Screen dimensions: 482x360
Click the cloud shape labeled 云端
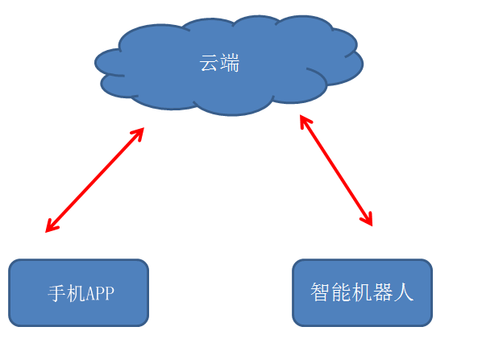click(x=229, y=65)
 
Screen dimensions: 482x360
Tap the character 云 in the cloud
click(x=210, y=63)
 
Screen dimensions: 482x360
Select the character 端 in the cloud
click(x=230, y=63)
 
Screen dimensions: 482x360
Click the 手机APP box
click(x=79, y=292)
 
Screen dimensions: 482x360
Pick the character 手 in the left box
click(x=56, y=293)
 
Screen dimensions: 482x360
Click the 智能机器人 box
click(x=363, y=292)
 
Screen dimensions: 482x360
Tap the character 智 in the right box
click(x=320, y=292)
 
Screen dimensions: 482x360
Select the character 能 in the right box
click(x=341, y=292)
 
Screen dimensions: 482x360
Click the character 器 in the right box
click(x=383, y=292)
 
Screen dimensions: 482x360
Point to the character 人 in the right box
click(x=404, y=292)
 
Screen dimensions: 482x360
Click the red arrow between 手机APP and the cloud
click(x=94, y=180)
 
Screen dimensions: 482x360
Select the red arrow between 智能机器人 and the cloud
click(x=336, y=171)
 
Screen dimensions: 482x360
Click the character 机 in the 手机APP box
click(x=76, y=293)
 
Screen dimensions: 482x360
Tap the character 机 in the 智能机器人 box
click(x=362, y=292)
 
